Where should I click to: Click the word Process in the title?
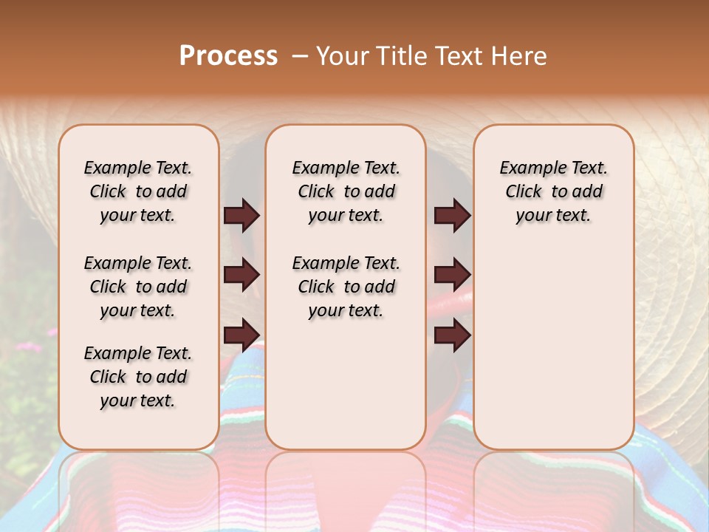(228, 56)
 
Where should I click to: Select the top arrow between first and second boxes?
(242, 216)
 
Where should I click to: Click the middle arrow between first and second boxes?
(242, 275)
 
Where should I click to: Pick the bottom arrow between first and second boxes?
(242, 335)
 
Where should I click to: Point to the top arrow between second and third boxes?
(452, 216)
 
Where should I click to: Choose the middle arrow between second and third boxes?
(452, 275)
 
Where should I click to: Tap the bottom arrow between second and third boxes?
(452, 335)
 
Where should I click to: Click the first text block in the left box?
(138, 191)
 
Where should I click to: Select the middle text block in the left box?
(138, 287)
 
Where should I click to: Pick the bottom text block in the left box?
(138, 377)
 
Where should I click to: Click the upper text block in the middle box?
(346, 191)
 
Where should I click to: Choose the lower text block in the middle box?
(346, 287)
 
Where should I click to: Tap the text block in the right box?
(553, 191)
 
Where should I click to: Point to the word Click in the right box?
(524, 192)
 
